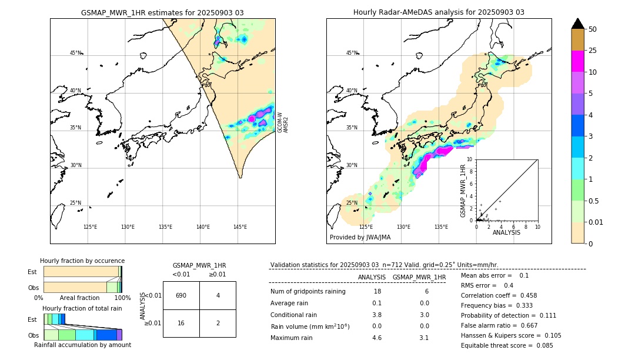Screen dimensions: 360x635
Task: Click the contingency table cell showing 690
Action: pos(181,295)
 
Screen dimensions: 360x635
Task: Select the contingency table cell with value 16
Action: pos(181,324)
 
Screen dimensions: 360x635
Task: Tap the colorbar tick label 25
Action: pos(593,51)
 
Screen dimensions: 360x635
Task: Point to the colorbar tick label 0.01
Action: pos(596,222)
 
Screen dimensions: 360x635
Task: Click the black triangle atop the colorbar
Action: pos(578,24)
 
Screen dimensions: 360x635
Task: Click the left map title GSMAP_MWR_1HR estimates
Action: pos(162,12)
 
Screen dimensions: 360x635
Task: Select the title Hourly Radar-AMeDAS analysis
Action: pos(439,12)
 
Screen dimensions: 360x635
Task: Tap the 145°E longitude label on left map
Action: pos(240,227)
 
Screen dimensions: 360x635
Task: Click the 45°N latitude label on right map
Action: pos(351,53)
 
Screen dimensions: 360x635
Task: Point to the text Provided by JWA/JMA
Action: pos(360,237)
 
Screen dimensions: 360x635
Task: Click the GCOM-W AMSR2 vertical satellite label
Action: pos(283,122)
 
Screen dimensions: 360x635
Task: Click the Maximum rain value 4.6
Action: pos(376,338)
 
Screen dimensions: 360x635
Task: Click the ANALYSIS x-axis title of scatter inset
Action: pos(506,232)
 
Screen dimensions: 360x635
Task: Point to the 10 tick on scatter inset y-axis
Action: pos(470,159)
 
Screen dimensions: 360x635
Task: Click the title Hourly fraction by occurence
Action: pos(82,261)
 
